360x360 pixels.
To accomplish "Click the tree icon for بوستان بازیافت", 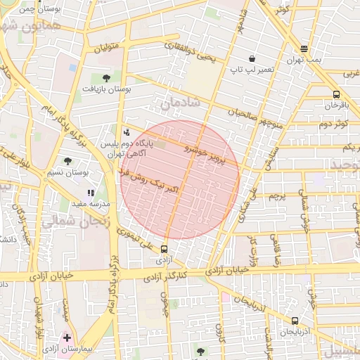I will (x=106, y=78).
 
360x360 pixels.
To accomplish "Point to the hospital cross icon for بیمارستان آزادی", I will (x=67, y=337).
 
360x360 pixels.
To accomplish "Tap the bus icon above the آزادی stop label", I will (x=164, y=248).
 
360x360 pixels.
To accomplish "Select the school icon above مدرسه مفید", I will (x=91, y=192).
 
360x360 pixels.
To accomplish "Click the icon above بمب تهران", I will (x=304, y=49).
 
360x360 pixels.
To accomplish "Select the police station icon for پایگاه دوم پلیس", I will (x=126, y=131).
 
